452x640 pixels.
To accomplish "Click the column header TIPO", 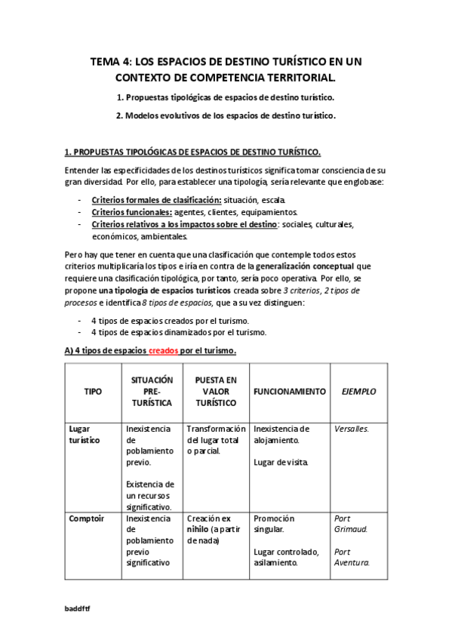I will coord(94,392).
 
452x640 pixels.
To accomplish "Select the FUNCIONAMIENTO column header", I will coord(289,392).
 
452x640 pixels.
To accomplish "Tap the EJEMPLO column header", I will coord(358,392).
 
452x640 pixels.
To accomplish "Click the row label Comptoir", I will coord(87,518).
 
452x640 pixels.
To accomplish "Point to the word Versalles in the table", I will coord(351,429).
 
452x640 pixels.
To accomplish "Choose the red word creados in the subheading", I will coord(164,350).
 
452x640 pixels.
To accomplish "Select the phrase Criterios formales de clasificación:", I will coord(155,200).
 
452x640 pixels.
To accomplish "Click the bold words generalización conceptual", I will coord(306,266).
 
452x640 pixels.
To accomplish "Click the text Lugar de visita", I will coord(281,461).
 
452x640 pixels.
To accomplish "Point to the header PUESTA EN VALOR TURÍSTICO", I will coord(215,392).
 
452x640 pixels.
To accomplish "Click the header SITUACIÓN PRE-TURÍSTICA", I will coord(152,392).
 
